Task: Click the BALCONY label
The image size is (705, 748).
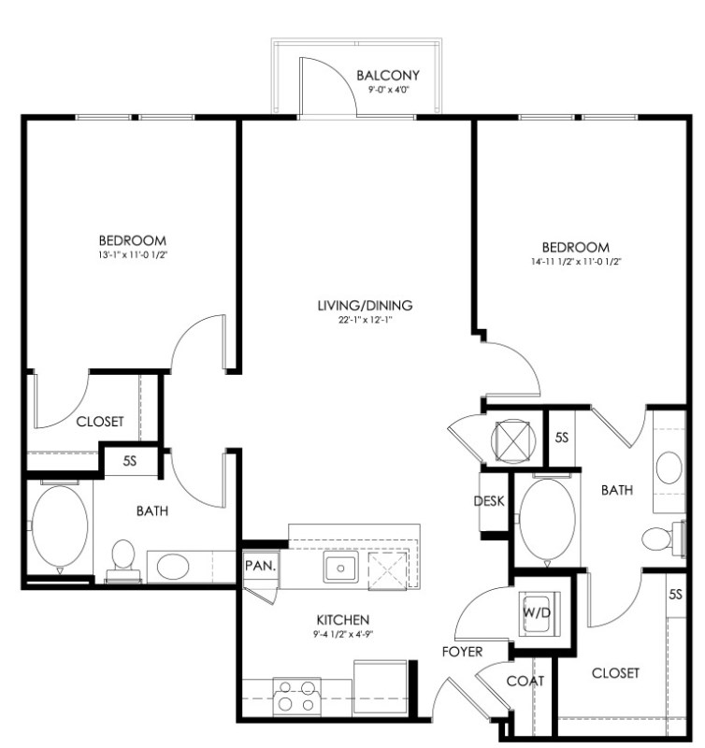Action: click(388, 76)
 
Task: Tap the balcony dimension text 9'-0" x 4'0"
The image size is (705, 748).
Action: click(389, 90)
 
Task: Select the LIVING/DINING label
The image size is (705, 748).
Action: click(365, 306)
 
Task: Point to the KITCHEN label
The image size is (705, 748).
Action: click(343, 620)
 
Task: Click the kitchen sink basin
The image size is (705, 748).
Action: click(340, 568)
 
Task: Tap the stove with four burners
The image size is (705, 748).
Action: click(296, 697)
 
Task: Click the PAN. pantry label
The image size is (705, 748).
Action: click(261, 566)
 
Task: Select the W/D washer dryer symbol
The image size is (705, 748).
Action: click(539, 613)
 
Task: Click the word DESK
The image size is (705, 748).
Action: click(489, 501)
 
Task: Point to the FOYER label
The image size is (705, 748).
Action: click(462, 652)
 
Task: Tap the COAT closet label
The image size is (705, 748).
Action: click(525, 681)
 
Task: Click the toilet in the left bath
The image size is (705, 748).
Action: click(123, 561)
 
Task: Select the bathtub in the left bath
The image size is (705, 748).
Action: click(60, 527)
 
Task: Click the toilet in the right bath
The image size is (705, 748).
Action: click(664, 539)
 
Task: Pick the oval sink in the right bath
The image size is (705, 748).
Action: click(669, 468)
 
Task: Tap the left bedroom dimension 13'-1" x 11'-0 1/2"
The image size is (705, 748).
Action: click(133, 254)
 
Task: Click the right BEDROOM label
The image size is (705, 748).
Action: click(576, 247)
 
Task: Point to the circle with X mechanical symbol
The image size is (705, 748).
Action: click(512, 441)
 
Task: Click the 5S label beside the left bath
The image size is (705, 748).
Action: click(130, 461)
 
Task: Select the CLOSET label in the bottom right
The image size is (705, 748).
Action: click(615, 673)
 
